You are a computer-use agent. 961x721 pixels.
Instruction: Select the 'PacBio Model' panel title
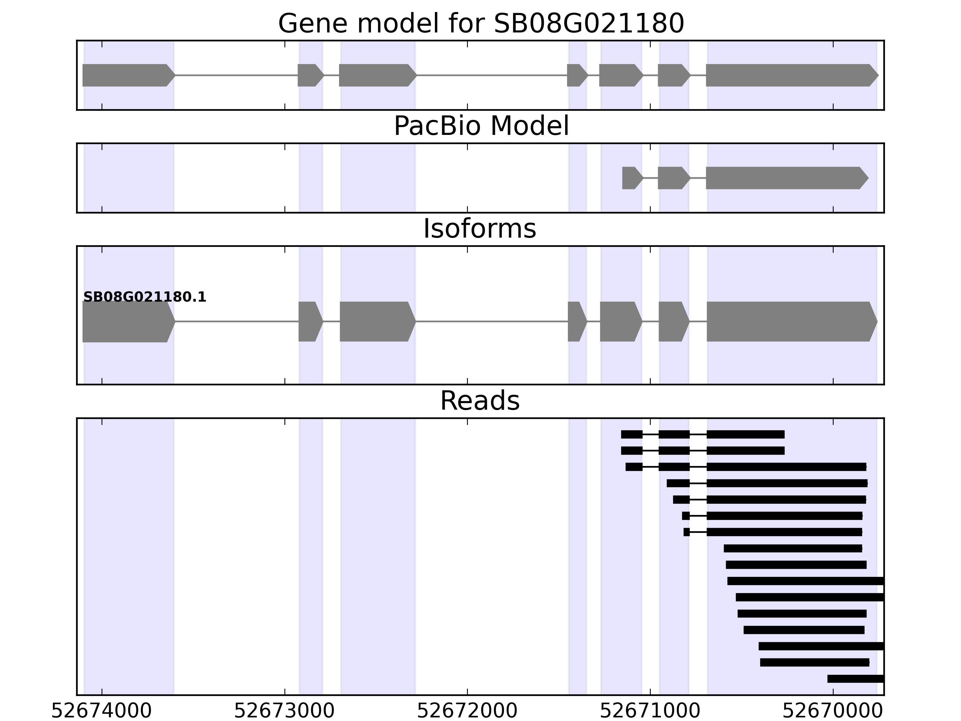[x=481, y=126]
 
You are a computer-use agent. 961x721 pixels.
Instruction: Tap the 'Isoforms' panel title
[x=480, y=229]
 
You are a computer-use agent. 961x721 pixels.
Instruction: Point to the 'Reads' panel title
[x=480, y=401]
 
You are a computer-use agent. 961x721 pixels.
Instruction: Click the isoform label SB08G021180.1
[x=145, y=297]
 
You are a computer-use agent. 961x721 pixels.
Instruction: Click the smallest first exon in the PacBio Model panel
[x=631, y=178]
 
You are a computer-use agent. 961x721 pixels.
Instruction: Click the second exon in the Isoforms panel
[x=310, y=322]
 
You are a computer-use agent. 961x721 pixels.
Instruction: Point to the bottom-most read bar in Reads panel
[x=855, y=679]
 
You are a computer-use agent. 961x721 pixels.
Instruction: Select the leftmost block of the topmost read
[x=631, y=434]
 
